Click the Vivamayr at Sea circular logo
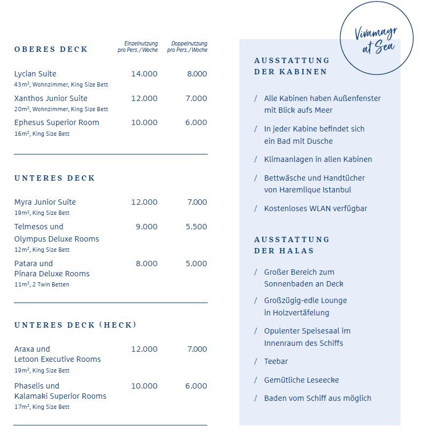coord(376,40)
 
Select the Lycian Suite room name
coord(35,74)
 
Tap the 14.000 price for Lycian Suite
coord(144,74)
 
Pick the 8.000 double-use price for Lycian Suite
coord(197,74)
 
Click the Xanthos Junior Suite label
coord(51,98)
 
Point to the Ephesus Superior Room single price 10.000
coord(144,122)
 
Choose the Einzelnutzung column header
coord(138,46)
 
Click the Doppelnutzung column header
coord(187,46)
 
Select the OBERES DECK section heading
coord(51,49)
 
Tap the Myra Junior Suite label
coord(45,202)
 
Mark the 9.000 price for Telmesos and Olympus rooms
coord(146,227)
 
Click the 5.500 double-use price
coord(196,227)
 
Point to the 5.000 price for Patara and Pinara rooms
coord(196,263)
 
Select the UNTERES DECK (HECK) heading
coord(75,325)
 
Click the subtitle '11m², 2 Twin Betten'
coord(42,284)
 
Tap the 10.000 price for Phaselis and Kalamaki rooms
coord(144,386)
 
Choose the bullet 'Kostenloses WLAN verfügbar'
coord(316,208)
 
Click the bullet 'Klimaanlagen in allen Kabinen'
coord(318,159)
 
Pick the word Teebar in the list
coord(276,361)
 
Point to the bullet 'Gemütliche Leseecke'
coord(301,380)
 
